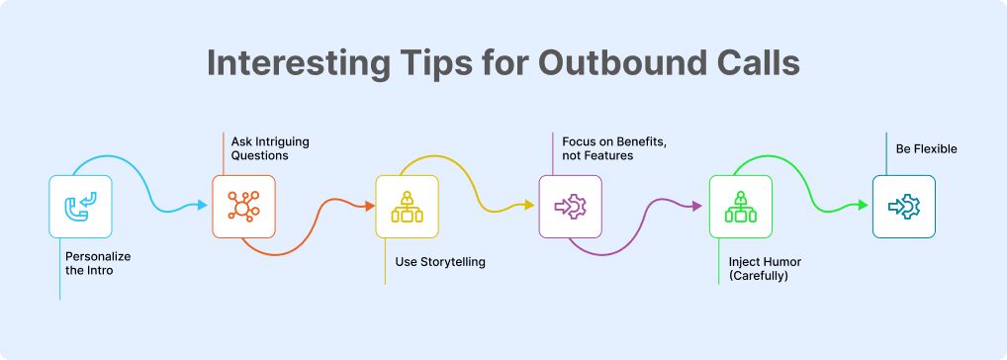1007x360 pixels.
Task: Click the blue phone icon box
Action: point(80,206)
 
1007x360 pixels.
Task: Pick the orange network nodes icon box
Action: point(243,206)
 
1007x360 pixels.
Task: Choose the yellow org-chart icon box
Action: point(407,206)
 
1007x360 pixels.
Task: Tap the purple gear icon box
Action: point(570,206)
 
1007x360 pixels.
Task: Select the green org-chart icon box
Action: point(741,206)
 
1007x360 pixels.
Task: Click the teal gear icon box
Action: point(903,206)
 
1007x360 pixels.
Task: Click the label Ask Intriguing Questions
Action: point(269,148)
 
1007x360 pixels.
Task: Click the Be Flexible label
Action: point(926,149)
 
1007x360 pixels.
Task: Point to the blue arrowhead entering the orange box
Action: point(204,206)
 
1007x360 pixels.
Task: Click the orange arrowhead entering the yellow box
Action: point(369,206)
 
